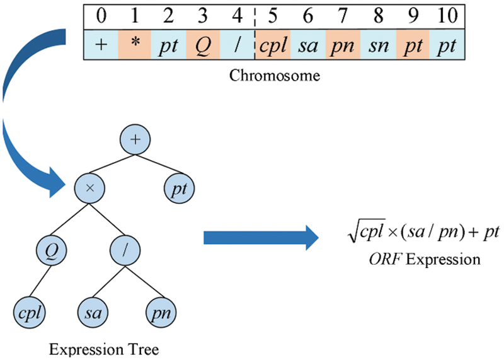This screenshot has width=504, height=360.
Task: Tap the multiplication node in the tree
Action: (89, 187)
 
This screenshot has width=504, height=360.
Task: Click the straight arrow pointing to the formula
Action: (258, 239)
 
